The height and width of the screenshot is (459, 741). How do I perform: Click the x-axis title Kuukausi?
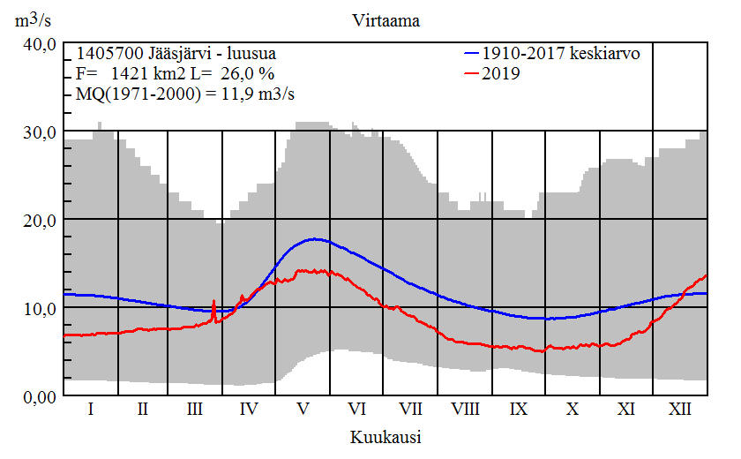[x=385, y=437]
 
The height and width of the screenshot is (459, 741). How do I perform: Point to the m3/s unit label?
[x=31, y=19]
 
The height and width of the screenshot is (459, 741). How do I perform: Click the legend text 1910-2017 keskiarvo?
[x=561, y=53]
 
